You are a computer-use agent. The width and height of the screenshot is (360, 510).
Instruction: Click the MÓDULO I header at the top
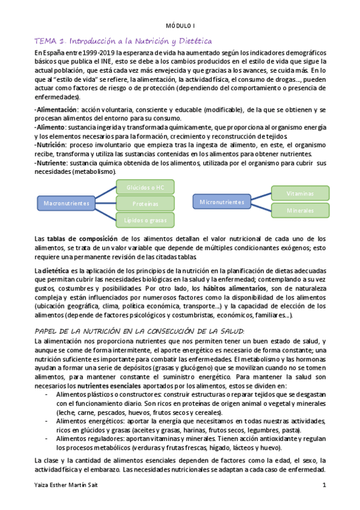tap(180, 26)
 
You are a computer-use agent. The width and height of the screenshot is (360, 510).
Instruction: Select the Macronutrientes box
tap(67, 203)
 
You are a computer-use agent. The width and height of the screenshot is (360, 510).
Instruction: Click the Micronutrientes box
tap(222, 202)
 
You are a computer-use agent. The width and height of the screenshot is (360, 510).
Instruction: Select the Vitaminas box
tap(300, 193)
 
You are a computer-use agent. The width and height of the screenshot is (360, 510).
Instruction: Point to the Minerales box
tap(300, 210)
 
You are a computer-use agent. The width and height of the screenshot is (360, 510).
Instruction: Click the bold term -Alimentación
tap(56, 110)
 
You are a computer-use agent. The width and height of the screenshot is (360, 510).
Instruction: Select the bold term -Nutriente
tap(51, 163)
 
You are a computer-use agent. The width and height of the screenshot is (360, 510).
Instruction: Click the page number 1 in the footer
tap(324, 485)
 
